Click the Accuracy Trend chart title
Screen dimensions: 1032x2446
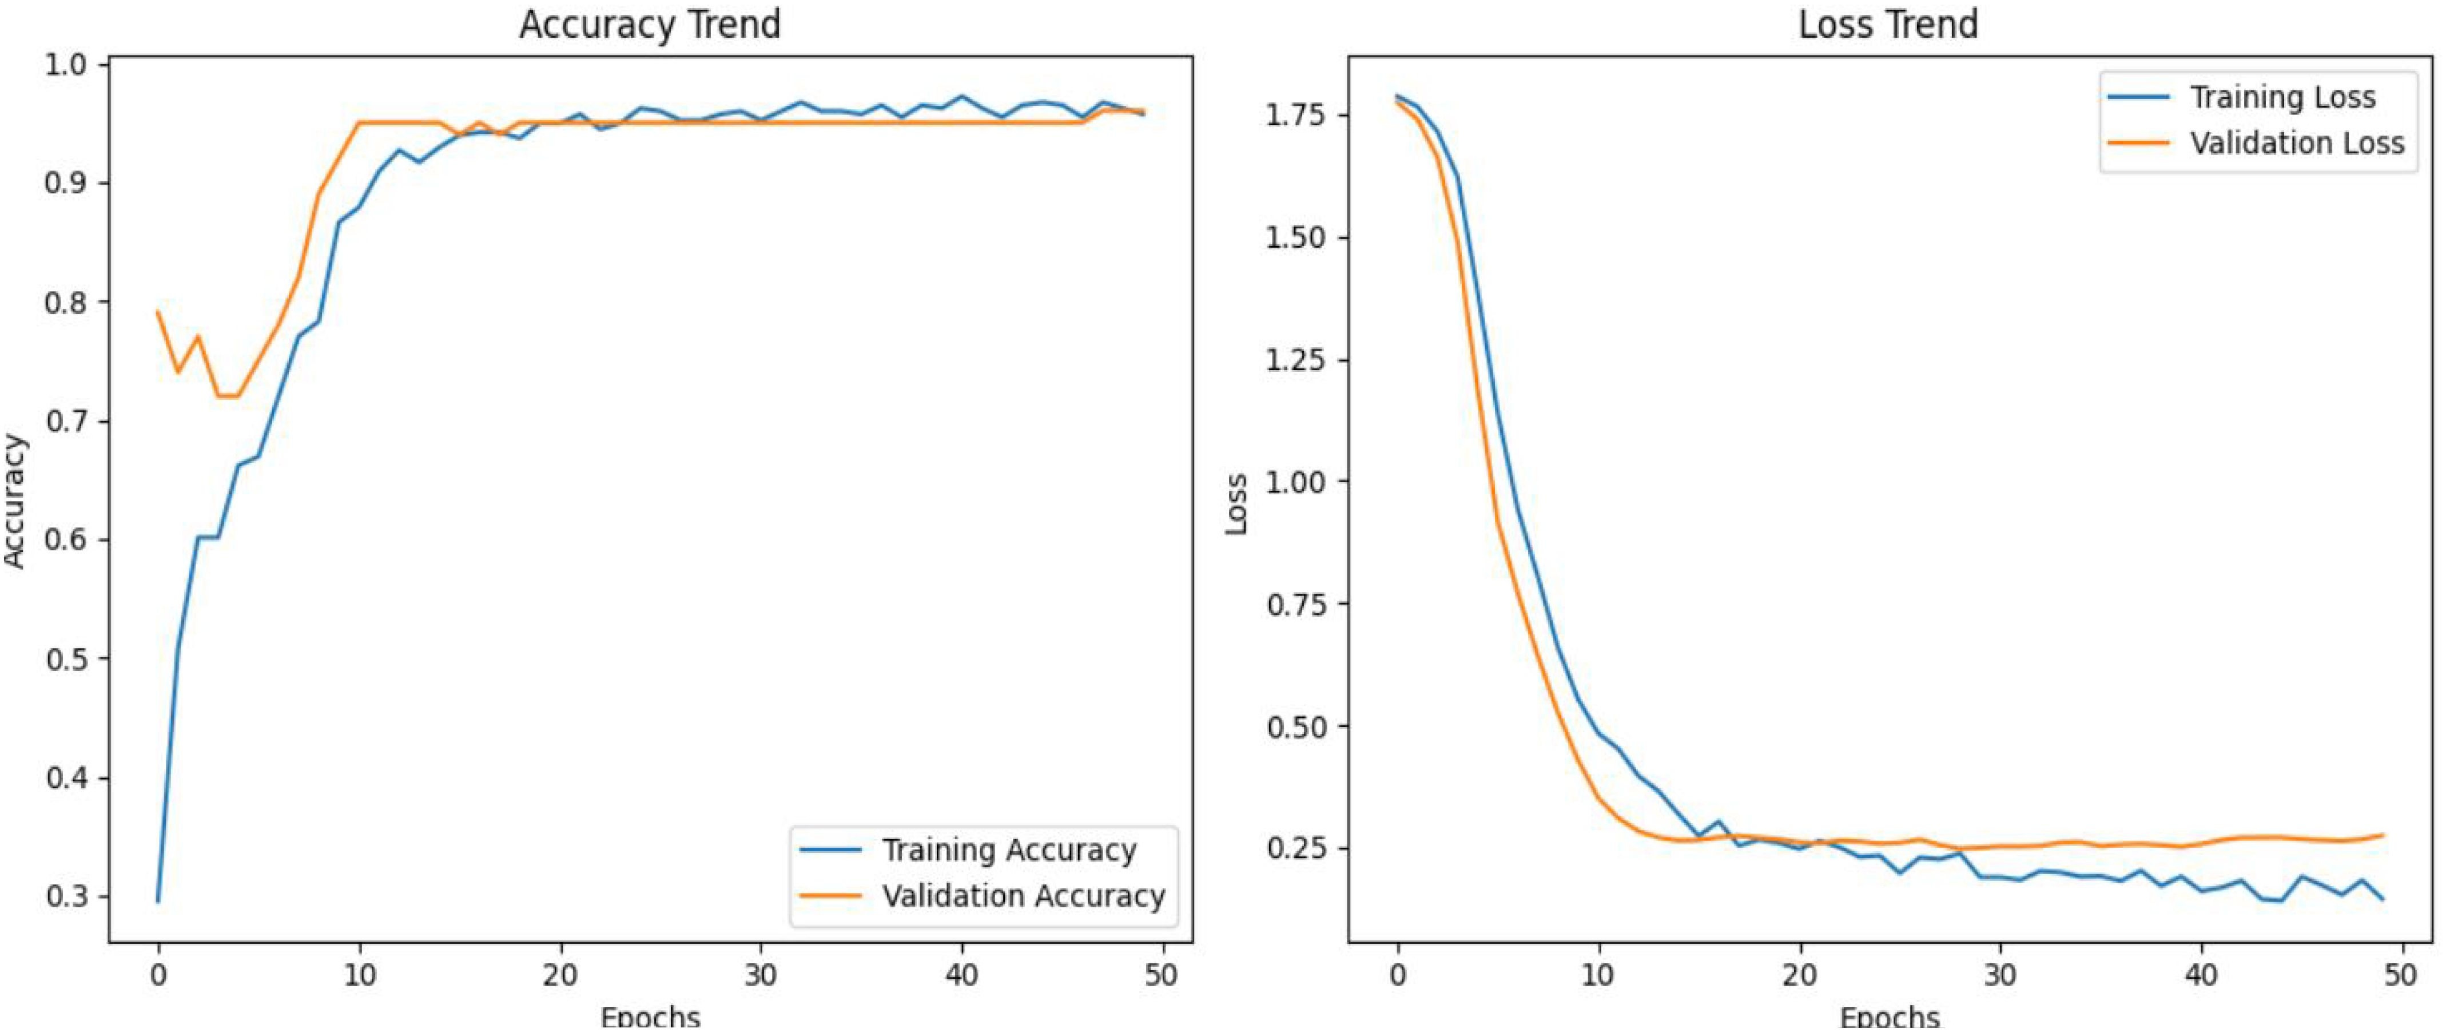(x=650, y=23)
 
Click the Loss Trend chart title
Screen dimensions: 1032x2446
(x=1888, y=23)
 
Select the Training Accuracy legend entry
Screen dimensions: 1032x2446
(x=1008, y=850)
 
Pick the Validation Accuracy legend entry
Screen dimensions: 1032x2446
(x=1023, y=896)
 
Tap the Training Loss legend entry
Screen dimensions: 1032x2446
(x=2282, y=97)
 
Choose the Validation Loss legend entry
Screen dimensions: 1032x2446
(x=2296, y=144)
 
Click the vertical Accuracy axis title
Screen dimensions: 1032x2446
(x=15, y=501)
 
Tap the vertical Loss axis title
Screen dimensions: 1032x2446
(x=1236, y=504)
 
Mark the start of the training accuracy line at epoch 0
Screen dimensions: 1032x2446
(x=158, y=900)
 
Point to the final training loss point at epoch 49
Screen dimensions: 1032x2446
(x=2383, y=898)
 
